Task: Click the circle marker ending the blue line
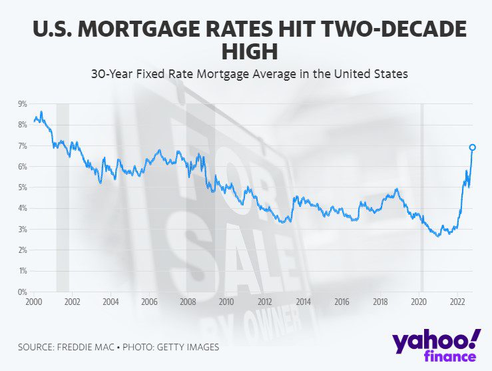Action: tap(472, 147)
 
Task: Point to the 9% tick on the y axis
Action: tap(22, 103)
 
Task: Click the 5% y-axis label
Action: tap(22, 188)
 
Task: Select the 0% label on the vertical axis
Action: tap(22, 292)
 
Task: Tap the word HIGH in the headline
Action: tap(246, 52)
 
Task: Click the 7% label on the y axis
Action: tap(22, 145)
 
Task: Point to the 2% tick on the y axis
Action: tap(22, 250)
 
